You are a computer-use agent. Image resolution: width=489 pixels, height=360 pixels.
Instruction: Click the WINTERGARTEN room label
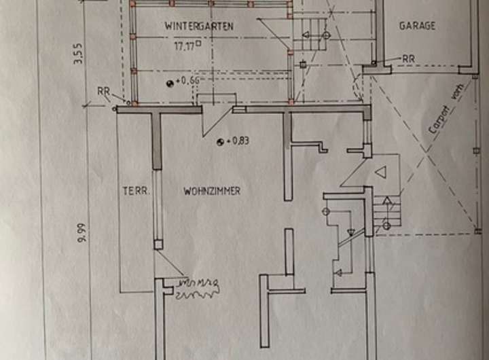[x=199, y=26]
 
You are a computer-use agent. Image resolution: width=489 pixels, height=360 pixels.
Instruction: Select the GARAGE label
[x=417, y=26]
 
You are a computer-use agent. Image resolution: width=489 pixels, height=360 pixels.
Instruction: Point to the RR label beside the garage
[x=408, y=59]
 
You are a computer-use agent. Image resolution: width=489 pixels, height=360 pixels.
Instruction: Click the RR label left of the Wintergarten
[x=103, y=90]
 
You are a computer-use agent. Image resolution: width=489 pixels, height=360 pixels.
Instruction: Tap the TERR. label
[x=135, y=191]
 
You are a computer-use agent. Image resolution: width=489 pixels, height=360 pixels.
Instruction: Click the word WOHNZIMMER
[x=212, y=192]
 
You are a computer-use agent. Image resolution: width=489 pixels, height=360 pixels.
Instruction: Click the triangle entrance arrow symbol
[x=381, y=173]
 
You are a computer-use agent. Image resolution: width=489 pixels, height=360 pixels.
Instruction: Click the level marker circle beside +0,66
[x=169, y=82]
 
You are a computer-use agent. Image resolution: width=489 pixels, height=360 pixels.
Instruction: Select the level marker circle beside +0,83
[x=220, y=142]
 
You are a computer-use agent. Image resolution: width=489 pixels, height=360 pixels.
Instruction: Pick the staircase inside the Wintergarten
[x=309, y=34]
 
